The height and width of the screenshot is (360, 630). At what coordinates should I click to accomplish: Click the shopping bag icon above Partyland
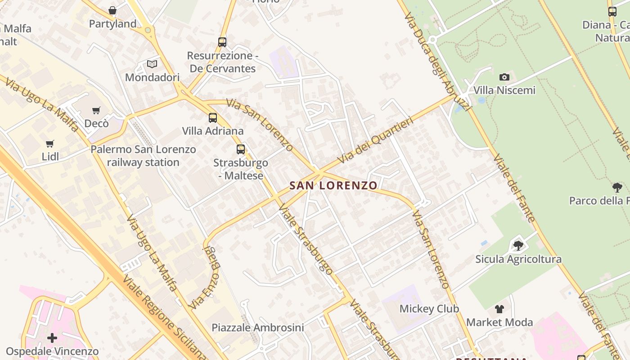coord(112,10)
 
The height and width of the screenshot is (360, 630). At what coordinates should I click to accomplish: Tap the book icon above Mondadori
coord(152,64)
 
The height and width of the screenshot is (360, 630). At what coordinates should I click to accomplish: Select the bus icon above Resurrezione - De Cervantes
coord(222,42)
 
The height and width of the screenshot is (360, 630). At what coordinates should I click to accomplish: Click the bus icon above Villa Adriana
coord(213,118)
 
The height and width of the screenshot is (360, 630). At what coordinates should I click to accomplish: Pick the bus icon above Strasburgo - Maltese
coord(241,149)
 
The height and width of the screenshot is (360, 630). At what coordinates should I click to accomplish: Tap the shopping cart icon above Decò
coord(96,110)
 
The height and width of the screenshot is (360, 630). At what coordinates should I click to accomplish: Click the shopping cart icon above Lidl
coord(50,144)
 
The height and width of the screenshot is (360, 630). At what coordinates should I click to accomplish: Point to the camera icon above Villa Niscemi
coord(504,77)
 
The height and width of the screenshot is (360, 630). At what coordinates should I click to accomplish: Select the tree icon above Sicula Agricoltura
coord(518,246)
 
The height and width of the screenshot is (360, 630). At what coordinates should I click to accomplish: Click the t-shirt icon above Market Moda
coord(499,309)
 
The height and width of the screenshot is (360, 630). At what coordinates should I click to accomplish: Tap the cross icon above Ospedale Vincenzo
coord(52,337)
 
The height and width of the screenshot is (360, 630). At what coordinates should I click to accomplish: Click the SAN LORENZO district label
coord(333,185)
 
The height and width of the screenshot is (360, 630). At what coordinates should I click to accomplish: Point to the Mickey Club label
coord(429,309)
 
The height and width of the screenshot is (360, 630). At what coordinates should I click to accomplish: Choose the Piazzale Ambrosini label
coord(258,328)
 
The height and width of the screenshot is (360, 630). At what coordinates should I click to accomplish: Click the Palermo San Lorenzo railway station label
coord(143,156)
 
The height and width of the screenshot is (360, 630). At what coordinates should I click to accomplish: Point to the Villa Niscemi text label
coord(504,90)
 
